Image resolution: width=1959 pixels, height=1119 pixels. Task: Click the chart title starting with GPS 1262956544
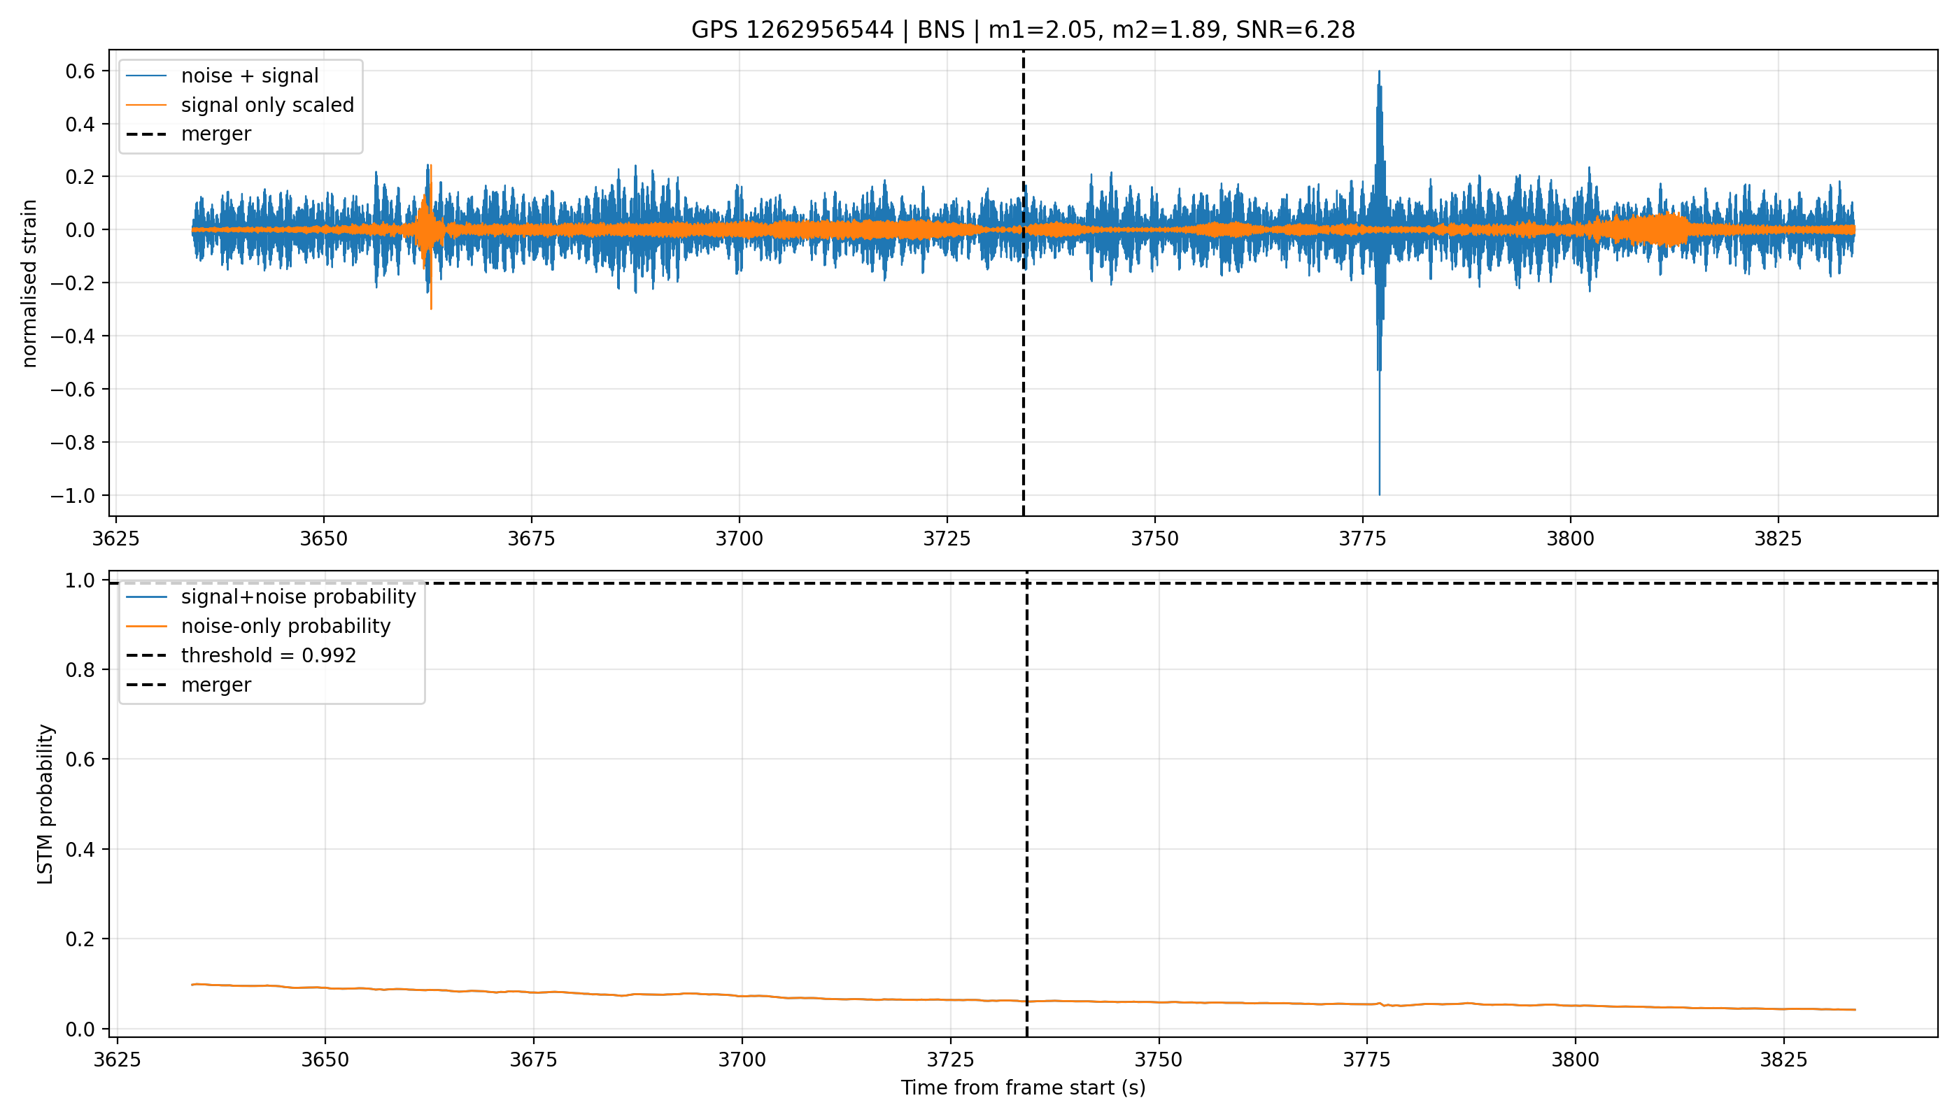point(1023,30)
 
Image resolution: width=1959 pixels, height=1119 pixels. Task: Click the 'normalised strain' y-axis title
point(29,283)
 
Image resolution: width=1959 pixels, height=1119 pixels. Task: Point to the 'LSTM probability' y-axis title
point(45,804)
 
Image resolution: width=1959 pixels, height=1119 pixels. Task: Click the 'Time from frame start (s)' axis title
point(1024,1088)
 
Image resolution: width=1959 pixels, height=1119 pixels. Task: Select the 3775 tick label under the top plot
point(1362,539)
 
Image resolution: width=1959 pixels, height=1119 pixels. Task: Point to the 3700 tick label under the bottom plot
point(742,1060)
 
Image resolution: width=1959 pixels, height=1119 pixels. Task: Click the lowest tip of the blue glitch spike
point(1379,494)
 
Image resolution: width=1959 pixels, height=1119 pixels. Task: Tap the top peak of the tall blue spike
point(1379,71)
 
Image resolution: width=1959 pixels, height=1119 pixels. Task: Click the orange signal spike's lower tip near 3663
point(431,309)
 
